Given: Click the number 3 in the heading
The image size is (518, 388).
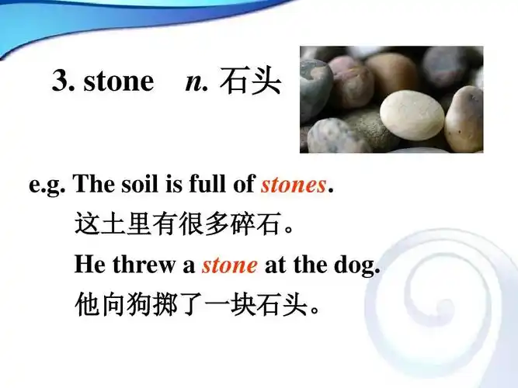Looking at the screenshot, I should coord(61,81).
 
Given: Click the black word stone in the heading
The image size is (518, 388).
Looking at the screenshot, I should coord(118,81).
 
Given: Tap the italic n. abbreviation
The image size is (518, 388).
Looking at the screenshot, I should coord(197,81).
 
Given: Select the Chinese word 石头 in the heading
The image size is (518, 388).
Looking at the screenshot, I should coord(250,81).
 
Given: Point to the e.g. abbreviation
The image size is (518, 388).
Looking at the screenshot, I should coord(47,185).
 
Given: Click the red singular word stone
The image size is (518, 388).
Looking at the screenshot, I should coord(229,265).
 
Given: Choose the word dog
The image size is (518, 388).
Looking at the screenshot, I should coord(359,265).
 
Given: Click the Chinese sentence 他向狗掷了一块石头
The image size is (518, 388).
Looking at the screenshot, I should coord(198,303).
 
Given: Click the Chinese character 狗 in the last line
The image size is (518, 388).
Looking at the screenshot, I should coord(135,303).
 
